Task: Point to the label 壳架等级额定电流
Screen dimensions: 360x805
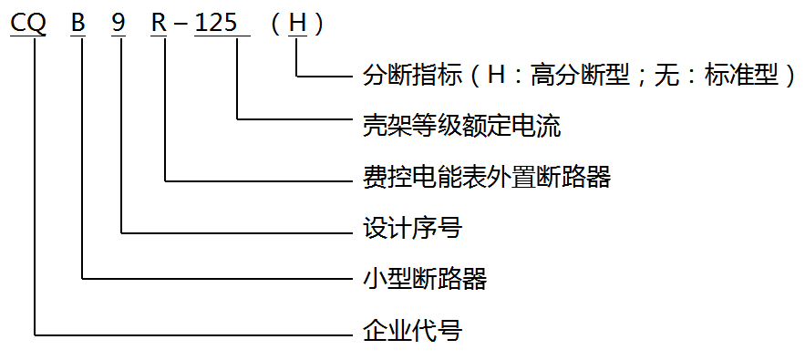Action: [461, 124]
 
